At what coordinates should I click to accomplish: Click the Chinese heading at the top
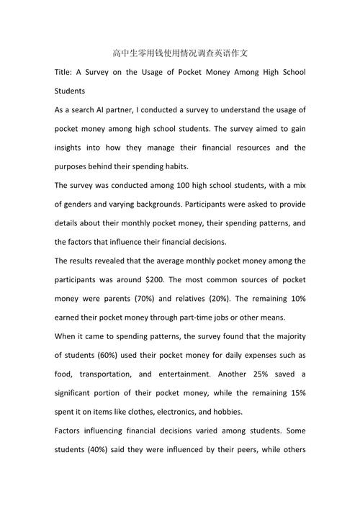coord(180,53)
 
